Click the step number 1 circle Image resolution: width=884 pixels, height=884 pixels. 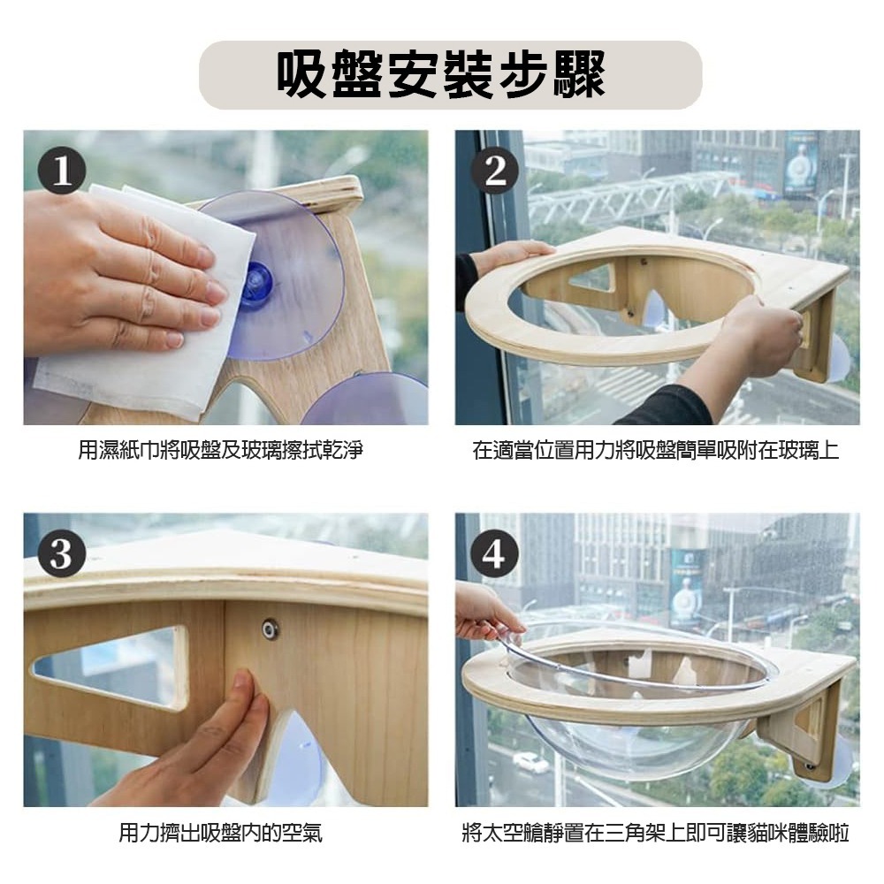[x=62, y=171]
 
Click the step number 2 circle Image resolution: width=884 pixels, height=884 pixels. [x=494, y=171]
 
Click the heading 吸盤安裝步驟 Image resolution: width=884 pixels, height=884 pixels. [x=441, y=74]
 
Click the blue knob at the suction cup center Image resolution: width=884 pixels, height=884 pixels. [x=255, y=285]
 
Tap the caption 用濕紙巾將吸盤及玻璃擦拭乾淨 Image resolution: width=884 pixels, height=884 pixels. [x=220, y=451]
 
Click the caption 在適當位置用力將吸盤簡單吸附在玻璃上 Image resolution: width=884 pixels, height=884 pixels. [x=655, y=451]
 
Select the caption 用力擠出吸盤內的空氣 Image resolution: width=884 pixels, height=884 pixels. [x=220, y=833]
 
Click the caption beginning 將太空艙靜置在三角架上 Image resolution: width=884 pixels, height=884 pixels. [x=655, y=833]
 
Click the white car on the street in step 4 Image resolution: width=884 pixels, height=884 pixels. [x=530, y=762]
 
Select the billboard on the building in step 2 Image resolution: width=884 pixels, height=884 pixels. [x=800, y=164]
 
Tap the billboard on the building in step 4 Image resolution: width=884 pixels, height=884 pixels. [x=686, y=588]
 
